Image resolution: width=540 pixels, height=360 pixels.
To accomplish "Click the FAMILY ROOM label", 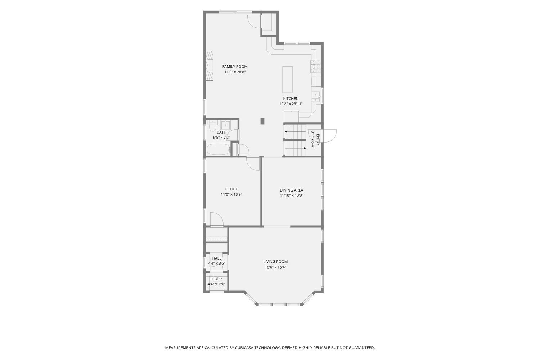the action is pyautogui.click(x=235, y=67).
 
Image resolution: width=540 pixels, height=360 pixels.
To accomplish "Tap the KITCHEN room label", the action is pyautogui.click(x=291, y=99).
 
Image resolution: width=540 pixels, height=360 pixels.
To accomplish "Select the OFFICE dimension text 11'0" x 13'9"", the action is pyautogui.click(x=231, y=195).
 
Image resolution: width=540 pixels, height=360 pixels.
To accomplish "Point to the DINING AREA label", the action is pyautogui.click(x=292, y=190).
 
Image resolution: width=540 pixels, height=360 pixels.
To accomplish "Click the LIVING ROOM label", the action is pyautogui.click(x=275, y=262).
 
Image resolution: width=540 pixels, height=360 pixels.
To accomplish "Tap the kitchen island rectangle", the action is pyautogui.click(x=287, y=79).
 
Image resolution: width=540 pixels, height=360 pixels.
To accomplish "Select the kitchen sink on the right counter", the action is pyautogui.click(x=316, y=97).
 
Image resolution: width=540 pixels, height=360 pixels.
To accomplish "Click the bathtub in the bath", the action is pyautogui.click(x=219, y=149).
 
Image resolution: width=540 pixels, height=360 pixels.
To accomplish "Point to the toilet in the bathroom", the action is pyautogui.click(x=212, y=126).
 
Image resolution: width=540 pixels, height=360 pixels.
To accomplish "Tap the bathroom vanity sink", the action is pyautogui.click(x=226, y=125).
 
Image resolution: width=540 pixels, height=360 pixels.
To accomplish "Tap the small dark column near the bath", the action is pyautogui.click(x=262, y=121).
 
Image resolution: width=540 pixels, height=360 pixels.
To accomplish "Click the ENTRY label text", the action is pyautogui.click(x=318, y=140).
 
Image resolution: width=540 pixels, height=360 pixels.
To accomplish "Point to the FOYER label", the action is pyautogui.click(x=216, y=279).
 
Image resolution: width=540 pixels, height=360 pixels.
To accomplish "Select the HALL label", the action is pyautogui.click(x=216, y=258).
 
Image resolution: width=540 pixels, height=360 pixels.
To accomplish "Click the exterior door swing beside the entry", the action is pyautogui.click(x=330, y=136).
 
